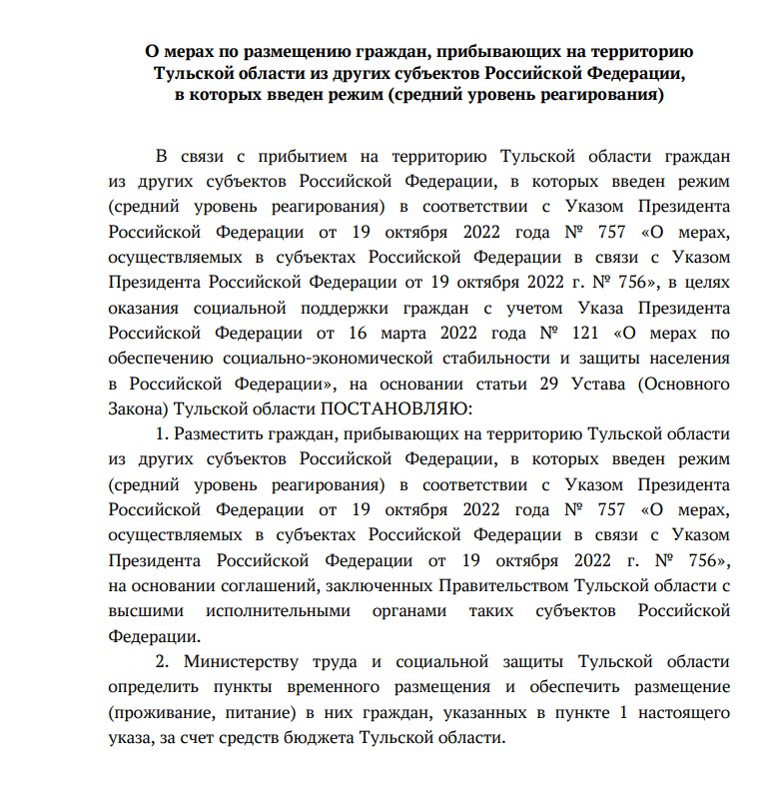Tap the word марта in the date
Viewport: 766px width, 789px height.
(x=420, y=332)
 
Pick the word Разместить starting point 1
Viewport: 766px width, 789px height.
(x=220, y=435)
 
